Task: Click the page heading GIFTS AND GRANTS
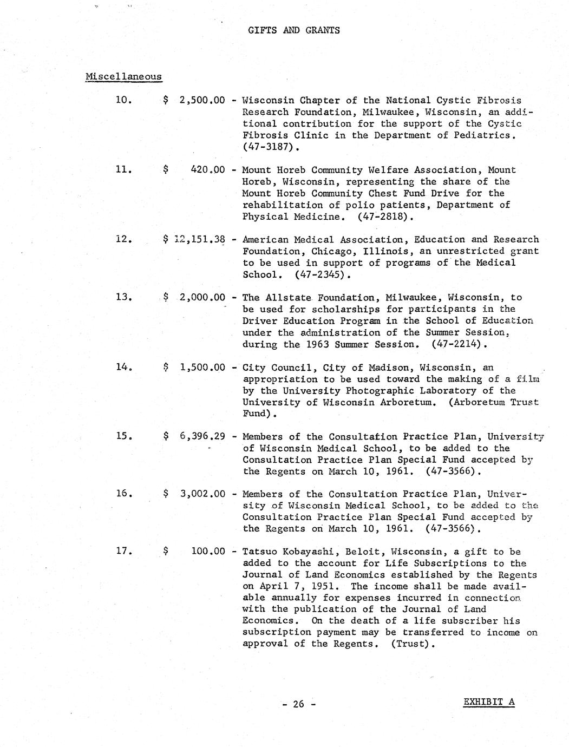294,30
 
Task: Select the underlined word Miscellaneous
123,76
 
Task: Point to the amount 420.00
208,170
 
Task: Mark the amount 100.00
208,552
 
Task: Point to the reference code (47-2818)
385,217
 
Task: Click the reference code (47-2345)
322,274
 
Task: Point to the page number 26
298,704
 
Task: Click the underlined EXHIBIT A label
489,703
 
